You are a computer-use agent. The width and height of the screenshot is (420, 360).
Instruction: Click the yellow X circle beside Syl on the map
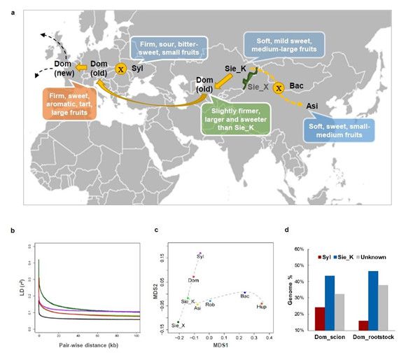(x=120, y=69)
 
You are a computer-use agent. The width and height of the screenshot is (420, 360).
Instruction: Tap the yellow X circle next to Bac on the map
(x=278, y=88)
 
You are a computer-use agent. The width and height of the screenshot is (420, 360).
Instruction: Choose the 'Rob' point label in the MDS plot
(x=210, y=305)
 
